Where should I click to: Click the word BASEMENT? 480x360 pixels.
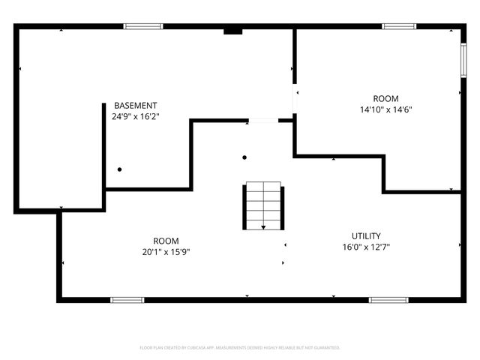click(x=136, y=106)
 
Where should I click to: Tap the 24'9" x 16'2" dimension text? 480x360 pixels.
click(x=136, y=116)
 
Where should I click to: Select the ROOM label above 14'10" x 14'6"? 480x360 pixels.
click(x=386, y=99)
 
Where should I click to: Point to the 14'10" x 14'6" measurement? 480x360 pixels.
click(x=386, y=109)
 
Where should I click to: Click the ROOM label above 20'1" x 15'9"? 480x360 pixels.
click(x=166, y=241)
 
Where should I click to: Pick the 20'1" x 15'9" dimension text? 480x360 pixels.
click(x=166, y=252)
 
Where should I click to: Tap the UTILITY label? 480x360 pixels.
click(x=366, y=235)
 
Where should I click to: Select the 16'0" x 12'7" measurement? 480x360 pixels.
click(x=366, y=247)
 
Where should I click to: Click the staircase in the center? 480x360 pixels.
click(x=262, y=205)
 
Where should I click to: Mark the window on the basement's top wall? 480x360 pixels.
click(x=143, y=27)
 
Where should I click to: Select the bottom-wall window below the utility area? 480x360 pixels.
click(x=388, y=299)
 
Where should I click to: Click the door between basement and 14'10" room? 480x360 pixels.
click(x=295, y=100)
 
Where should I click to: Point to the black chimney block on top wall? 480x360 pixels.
click(x=233, y=31)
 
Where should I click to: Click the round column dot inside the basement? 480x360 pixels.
click(x=119, y=169)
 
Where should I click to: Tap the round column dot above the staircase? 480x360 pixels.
click(x=244, y=157)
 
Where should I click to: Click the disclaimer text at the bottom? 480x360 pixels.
click(x=240, y=347)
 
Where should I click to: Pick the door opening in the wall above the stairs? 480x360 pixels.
click(x=262, y=120)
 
